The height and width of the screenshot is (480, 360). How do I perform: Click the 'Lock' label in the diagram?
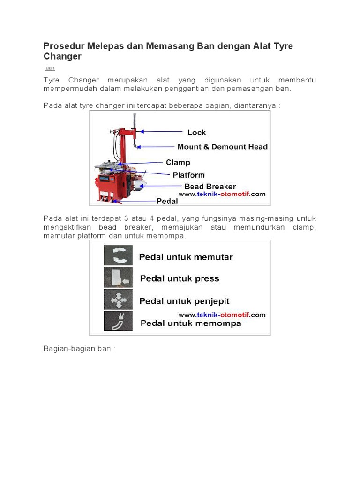click(x=196, y=132)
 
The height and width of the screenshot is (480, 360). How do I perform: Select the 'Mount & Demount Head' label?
click(x=222, y=147)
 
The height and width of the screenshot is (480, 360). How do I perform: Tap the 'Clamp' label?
click(x=178, y=162)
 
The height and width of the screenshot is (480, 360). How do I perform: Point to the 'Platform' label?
click(x=188, y=175)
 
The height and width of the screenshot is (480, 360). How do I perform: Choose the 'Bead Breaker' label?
click(x=210, y=187)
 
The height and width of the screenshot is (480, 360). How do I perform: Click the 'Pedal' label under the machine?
click(x=167, y=201)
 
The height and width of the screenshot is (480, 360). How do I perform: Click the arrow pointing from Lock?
click(x=162, y=132)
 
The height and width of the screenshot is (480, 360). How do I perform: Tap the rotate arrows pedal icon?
click(x=118, y=256)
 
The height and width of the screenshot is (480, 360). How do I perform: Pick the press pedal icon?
click(x=118, y=278)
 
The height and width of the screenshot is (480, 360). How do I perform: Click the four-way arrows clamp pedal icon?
click(x=118, y=300)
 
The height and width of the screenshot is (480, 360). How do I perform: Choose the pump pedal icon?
click(x=118, y=322)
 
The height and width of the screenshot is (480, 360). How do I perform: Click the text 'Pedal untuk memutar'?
click(x=186, y=257)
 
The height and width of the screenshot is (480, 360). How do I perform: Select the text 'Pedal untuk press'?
click(x=180, y=278)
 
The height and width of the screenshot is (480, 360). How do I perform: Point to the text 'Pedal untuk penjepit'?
click(x=185, y=301)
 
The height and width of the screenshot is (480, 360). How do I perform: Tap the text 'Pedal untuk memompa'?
click(x=191, y=323)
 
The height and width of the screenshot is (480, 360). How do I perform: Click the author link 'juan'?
click(x=49, y=68)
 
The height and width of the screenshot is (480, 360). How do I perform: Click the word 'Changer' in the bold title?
click(x=62, y=57)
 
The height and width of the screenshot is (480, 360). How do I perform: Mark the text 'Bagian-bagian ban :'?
click(x=79, y=349)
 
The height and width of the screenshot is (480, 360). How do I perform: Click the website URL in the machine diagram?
click(x=221, y=194)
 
